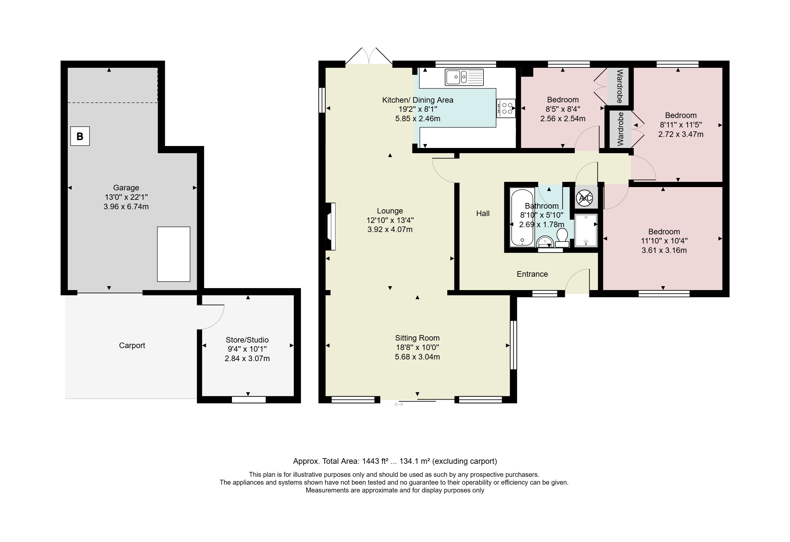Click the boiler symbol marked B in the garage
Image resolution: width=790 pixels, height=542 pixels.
tap(80, 136)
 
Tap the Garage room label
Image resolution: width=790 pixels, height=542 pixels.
tap(126, 188)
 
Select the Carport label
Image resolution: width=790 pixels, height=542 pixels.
tap(132, 345)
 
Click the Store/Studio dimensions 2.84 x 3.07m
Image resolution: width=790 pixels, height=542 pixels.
tap(247, 359)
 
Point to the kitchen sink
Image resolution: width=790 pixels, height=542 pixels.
tap(464, 77)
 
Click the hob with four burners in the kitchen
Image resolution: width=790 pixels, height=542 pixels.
tap(506, 108)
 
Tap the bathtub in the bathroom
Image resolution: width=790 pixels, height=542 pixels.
tap(522, 218)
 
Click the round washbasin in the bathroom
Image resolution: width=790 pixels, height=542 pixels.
tap(545, 242)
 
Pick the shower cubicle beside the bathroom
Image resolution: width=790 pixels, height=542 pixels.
tap(586, 230)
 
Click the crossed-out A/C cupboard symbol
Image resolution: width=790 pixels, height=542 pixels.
tap(585, 198)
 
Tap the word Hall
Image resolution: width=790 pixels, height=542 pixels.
tap(483, 213)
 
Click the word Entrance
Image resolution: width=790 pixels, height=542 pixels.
tap(532, 274)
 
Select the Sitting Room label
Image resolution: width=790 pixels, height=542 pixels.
tap(417, 338)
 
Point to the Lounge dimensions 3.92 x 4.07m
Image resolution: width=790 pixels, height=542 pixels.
tap(390, 229)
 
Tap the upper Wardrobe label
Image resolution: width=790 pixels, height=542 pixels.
tap(620, 86)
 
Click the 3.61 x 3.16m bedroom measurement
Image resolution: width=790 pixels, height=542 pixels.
tap(664, 251)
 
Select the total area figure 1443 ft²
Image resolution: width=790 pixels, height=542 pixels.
tap(375, 461)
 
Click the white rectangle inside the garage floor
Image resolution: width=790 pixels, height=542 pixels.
tap(173, 254)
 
